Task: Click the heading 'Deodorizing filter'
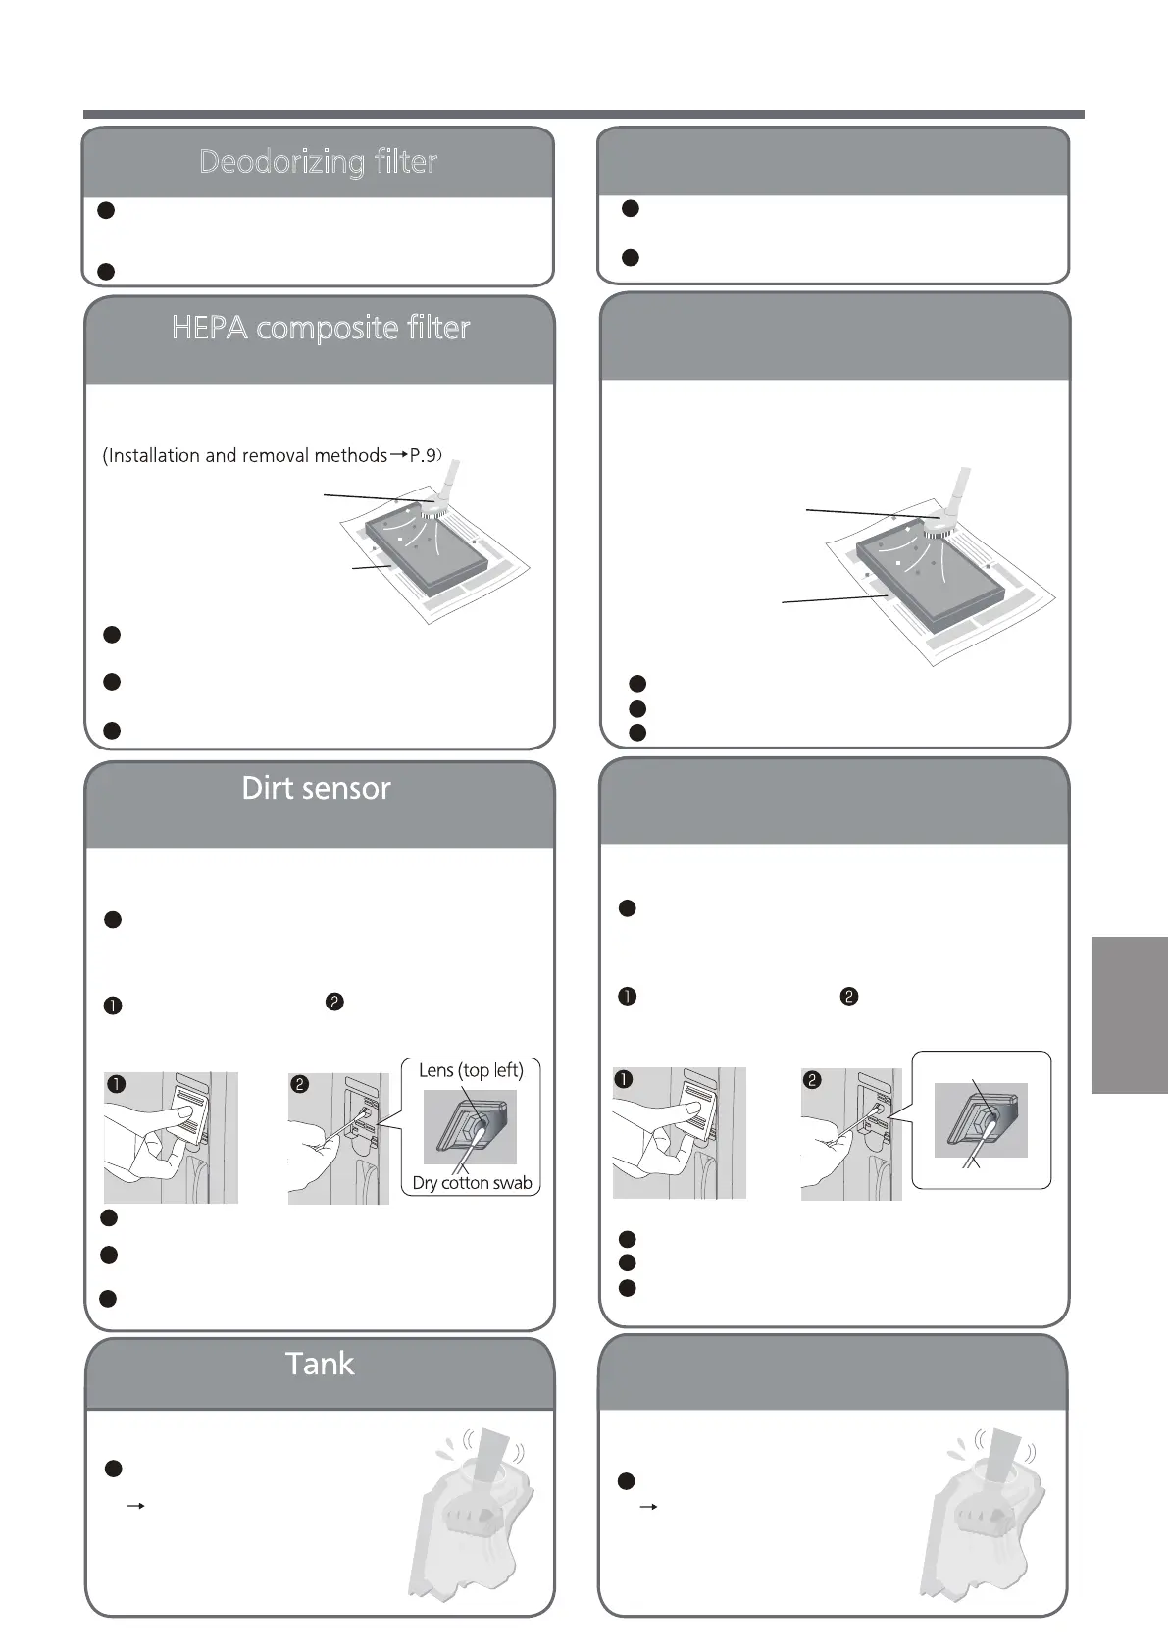[318, 162]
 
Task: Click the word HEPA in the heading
[210, 328]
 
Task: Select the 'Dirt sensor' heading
[316, 788]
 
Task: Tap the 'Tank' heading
[320, 1364]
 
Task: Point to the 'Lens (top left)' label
[471, 1070]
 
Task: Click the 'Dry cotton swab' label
[472, 1183]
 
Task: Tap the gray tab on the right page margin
[1129, 1014]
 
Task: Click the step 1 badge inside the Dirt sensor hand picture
[116, 1084]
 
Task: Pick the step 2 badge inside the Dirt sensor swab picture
[299, 1084]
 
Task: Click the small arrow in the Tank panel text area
[136, 1506]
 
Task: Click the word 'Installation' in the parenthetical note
[153, 456]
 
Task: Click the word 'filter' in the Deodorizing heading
[404, 162]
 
